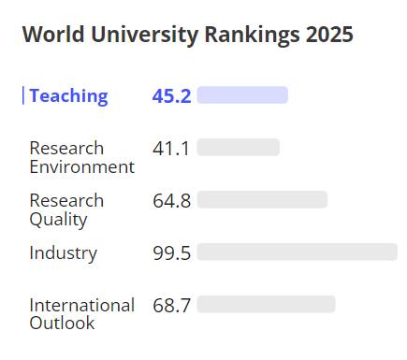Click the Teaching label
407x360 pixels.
click(68, 95)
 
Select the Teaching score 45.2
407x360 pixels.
click(171, 95)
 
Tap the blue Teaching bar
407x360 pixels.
click(242, 94)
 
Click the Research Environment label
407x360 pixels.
click(81, 157)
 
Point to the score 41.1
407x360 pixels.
click(171, 148)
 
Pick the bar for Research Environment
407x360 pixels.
click(238, 147)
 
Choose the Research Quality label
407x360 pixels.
click(66, 209)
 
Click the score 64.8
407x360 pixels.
click(171, 200)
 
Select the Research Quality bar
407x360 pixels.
click(262, 199)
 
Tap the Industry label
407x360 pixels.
click(63, 252)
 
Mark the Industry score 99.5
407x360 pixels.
click(171, 252)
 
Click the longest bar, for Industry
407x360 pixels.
click(297, 252)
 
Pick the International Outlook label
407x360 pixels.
click(81, 314)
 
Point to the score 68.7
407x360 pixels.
click(171, 305)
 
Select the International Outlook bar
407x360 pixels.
click(266, 304)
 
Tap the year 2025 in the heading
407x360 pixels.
click(328, 36)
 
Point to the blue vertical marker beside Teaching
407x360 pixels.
click(22, 95)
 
